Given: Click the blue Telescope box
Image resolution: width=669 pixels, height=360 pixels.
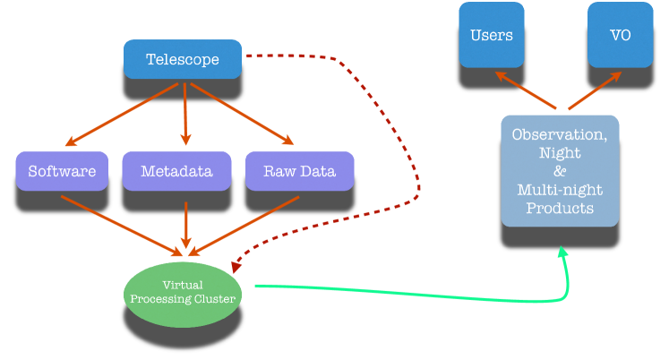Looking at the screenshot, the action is click(x=183, y=59).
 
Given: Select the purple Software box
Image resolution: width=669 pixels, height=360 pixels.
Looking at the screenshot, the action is click(x=62, y=171).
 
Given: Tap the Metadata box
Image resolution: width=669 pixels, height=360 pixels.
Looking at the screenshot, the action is click(x=176, y=171).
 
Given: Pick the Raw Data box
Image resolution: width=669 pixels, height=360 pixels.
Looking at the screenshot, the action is click(x=299, y=171).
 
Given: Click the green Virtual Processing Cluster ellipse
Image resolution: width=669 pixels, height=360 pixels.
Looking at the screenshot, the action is click(x=183, y=295).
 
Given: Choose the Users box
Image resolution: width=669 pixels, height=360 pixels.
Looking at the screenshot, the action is click(x=492, y=35).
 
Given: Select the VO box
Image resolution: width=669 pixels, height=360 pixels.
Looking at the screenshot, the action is click(x=621, y=35).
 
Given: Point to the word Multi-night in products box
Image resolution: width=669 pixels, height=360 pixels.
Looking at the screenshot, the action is click(x=560, y=190).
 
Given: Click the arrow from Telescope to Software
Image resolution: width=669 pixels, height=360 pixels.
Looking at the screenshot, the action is click(x=122, y=115).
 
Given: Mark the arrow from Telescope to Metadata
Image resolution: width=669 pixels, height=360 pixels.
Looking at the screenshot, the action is click(x=185, y=114).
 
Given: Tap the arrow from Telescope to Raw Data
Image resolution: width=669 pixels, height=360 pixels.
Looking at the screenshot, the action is click(x=242, y=114).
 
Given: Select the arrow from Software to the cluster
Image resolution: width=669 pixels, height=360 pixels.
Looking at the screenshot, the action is click(x=122, y=226).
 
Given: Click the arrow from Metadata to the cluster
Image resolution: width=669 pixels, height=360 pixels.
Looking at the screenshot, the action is click(x=186, y=225).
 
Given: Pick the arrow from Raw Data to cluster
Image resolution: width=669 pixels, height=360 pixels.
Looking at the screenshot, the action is click(x=244, y=226).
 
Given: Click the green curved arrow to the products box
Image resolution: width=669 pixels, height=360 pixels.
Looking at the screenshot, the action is click(x=426, y=296).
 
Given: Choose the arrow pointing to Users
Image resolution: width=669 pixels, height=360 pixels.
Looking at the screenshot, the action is click(x=526, y=90).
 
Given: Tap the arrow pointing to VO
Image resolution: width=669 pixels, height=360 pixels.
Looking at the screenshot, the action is click(x=595, y=90).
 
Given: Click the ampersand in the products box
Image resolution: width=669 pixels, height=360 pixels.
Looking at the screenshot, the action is click(x=560, y=171).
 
